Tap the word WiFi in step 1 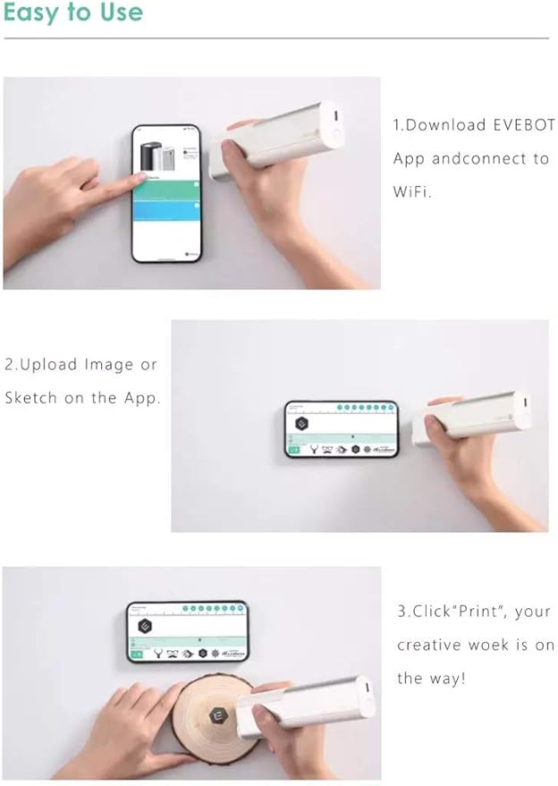pos(411,191)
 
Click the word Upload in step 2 pos(46,365)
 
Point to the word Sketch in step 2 pos(31,398)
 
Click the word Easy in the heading pos(28,13)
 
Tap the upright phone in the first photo pos(166,193)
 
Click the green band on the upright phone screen pos(166,188)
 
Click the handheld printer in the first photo pos(275,139)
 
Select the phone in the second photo pos(341,429)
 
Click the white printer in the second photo pos(472,418)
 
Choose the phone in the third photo pos(187,631)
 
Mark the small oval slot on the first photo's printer pos(331,117)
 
